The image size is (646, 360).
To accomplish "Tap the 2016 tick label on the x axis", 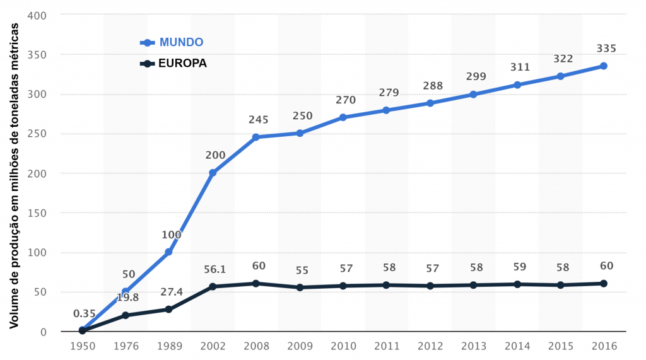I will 603,345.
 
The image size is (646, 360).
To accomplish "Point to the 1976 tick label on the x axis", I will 126,345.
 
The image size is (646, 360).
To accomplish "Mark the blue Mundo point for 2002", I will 213,173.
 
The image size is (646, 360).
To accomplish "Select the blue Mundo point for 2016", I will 603,66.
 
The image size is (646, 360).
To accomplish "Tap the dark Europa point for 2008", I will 256,283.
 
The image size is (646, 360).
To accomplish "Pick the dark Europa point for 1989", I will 169,309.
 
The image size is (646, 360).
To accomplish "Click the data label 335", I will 606,49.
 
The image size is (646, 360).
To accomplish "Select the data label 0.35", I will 84,313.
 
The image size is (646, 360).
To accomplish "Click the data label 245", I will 259,119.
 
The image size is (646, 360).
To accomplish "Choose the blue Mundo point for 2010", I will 343,117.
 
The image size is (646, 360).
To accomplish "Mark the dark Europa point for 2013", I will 473,285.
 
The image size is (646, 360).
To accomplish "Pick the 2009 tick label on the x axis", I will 300,345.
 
